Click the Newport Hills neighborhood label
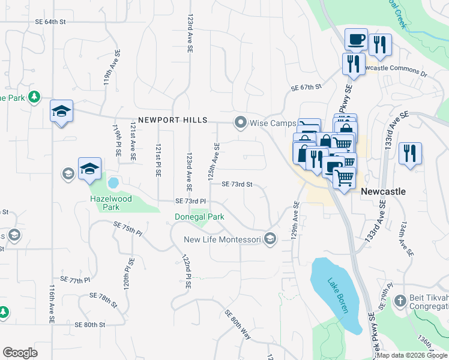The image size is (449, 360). coord(172,120)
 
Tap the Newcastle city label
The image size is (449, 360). coord(383,191)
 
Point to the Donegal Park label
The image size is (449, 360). coord(199,217)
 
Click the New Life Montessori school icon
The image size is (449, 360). coord(270,239)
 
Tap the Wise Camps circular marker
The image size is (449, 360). coord(241,123)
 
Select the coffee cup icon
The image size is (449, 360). coord(356,40)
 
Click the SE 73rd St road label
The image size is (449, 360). coord(237,184)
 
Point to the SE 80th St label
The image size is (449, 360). coord(90,325)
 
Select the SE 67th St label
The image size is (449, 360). coord(307,88)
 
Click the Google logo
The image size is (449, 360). coord(20,353)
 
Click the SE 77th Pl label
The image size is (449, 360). coord(75,280)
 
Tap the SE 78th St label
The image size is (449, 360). coord(104,298)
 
